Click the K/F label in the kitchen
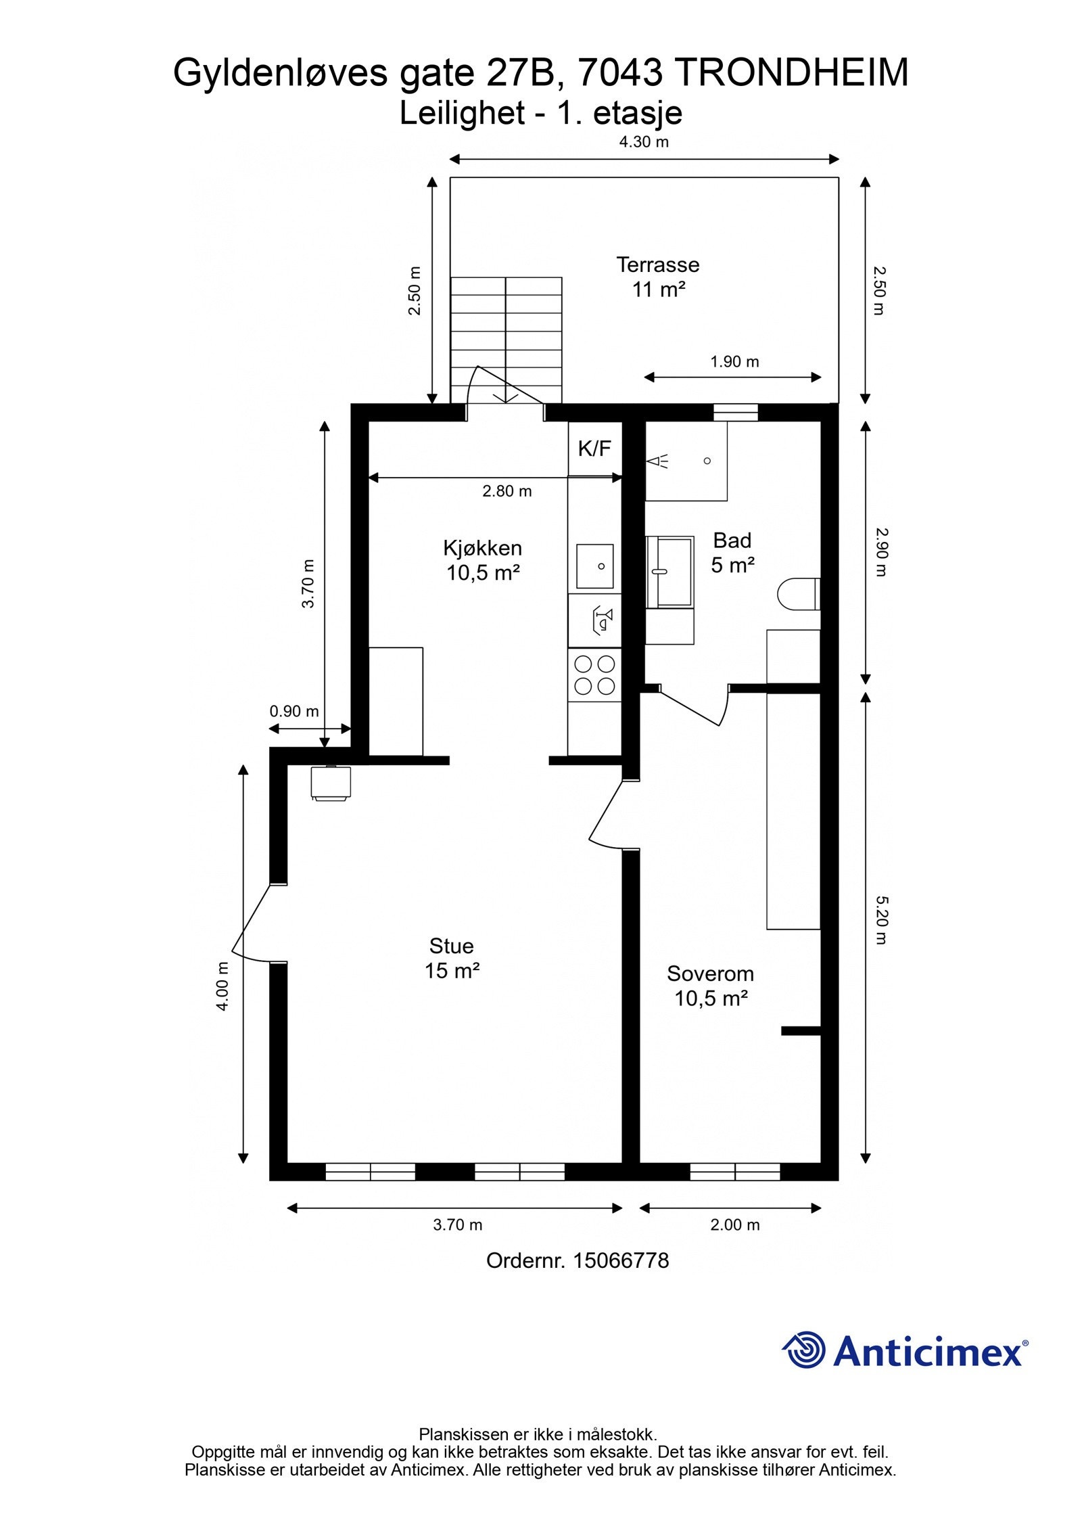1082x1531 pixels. point(594,448)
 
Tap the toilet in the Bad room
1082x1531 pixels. point(799,594)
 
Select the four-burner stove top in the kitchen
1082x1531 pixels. point(594,675)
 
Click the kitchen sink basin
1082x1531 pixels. point(594,566)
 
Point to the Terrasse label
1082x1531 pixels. point(657,265)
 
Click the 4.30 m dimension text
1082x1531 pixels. point(644,141)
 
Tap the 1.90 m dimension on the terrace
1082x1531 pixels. point(734,361)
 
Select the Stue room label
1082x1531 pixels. point(451,945)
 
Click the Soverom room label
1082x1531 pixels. point(710,974)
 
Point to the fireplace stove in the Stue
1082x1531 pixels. point(331,783)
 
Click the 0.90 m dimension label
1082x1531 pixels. point(294,711)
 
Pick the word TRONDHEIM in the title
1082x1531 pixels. point(792,73)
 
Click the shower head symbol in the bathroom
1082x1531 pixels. point(658,461)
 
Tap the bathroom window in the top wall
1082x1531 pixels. point(736,412)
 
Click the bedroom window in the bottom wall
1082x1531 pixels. point(735,1172)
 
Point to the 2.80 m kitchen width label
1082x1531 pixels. point(507,491)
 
